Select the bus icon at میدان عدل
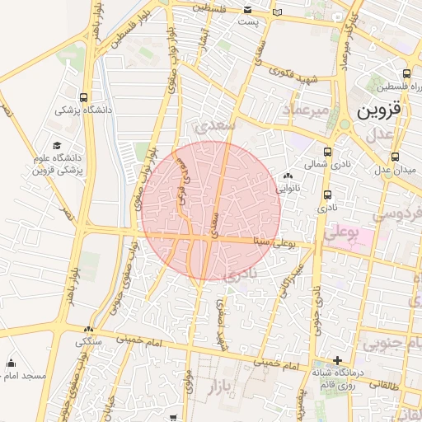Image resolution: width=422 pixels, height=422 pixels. (396, 157)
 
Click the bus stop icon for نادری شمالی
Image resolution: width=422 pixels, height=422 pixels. (328, 152)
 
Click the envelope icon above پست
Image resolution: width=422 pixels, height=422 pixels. (248, 10)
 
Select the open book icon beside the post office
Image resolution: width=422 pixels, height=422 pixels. (278, 11)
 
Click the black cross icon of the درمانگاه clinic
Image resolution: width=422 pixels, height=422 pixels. (337, 360)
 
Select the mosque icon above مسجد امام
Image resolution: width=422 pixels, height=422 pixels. (11, 363)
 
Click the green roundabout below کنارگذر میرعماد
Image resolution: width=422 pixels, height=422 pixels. (344, 124)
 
